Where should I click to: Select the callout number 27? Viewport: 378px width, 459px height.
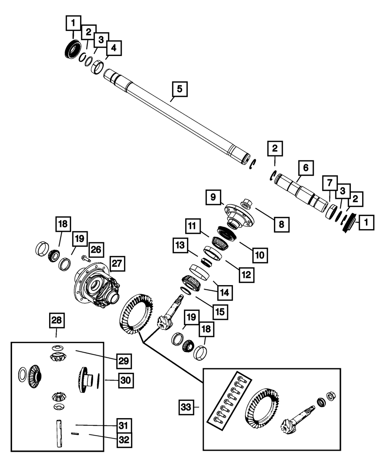pos(117,264)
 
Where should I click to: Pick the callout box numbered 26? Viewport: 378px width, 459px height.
pos(96,250)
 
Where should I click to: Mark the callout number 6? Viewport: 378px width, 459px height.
pos(306,168)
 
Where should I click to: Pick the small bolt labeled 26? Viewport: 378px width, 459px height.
pos(85,259)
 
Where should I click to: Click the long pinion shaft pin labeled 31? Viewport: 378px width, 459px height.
pos(59,434)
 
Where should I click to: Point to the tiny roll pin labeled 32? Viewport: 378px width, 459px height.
pos(75,434)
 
